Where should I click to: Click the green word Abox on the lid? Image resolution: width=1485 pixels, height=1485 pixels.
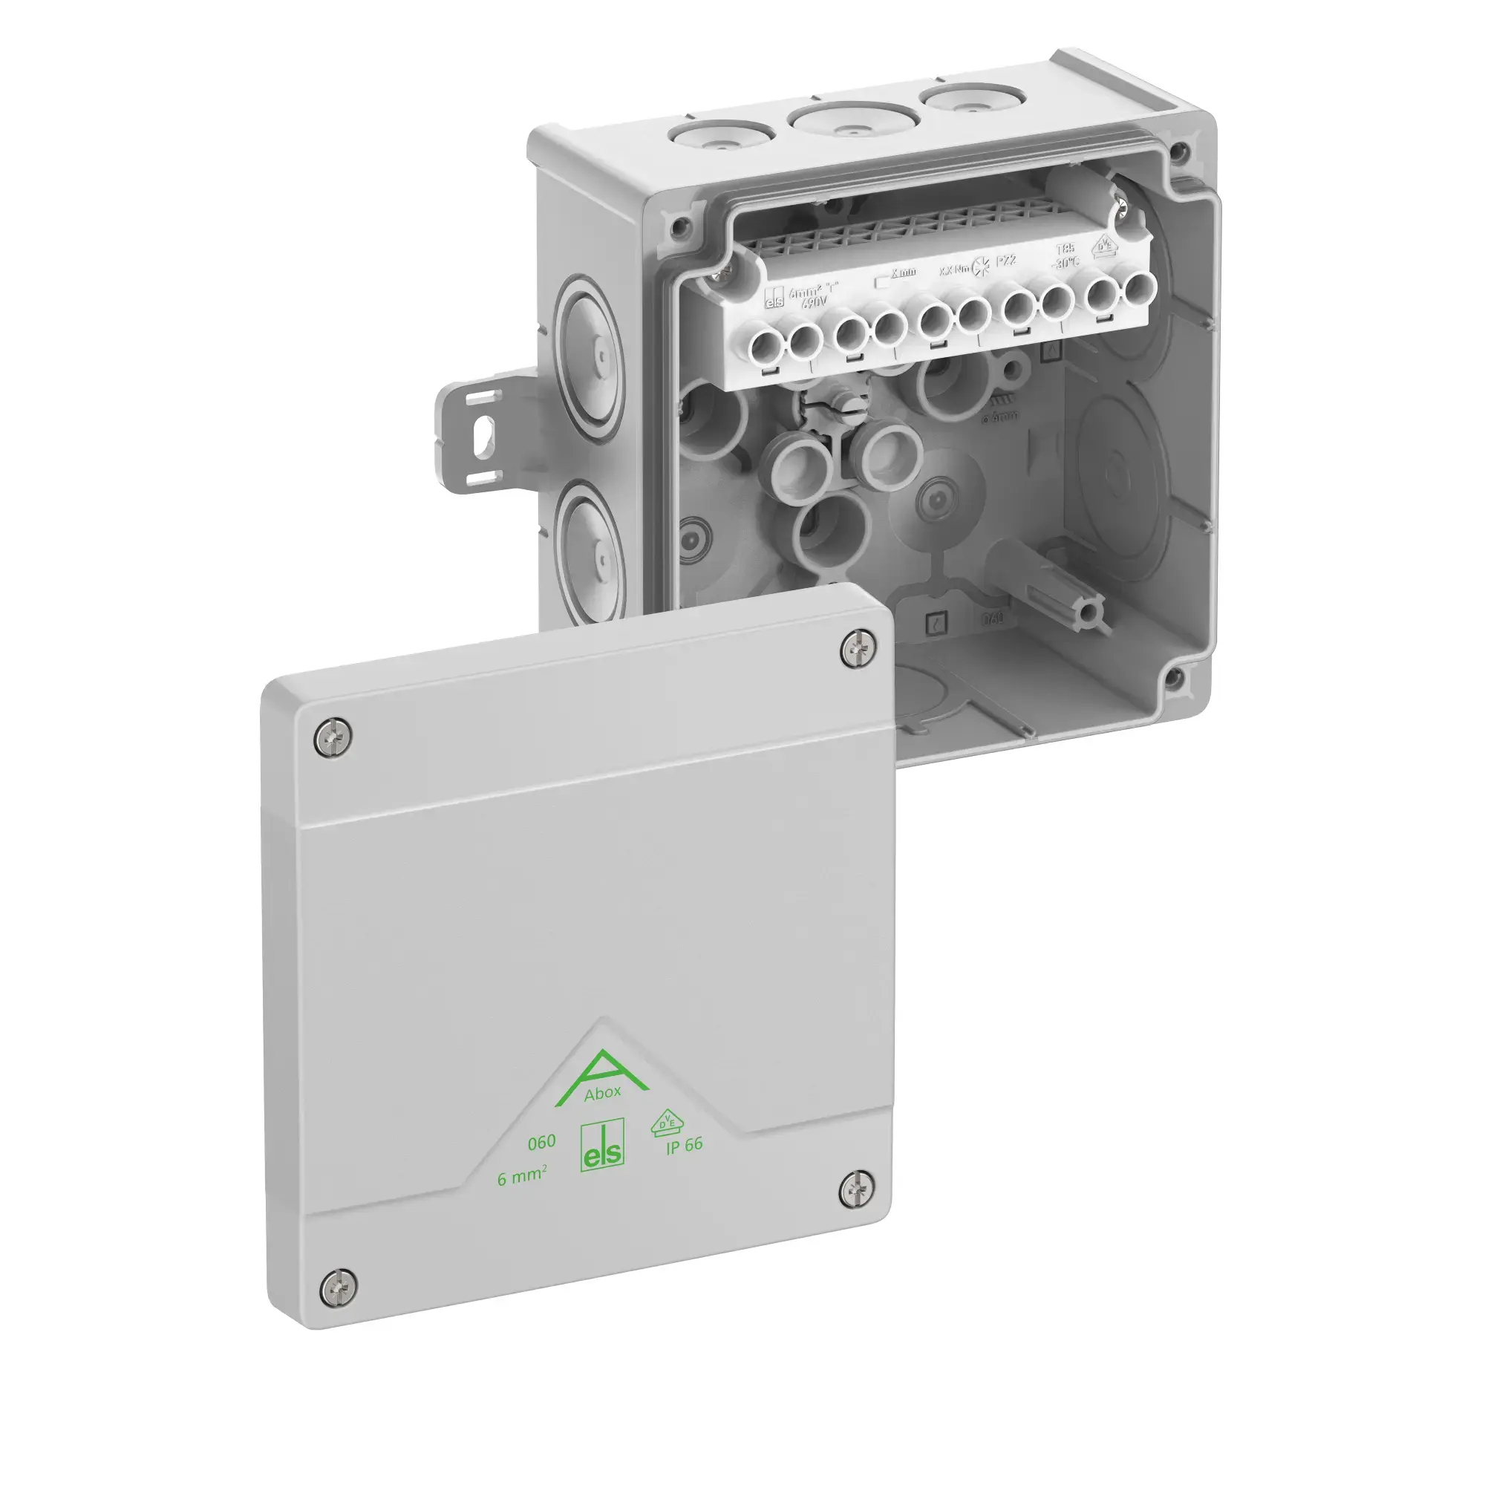tap(602, 1094)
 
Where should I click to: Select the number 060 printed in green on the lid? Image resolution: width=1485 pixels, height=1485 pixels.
tap(541, 1143)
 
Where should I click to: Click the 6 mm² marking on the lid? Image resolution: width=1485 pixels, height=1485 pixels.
tap(522, 1176)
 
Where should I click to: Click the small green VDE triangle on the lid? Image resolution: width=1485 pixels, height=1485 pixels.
tap(665, 1123)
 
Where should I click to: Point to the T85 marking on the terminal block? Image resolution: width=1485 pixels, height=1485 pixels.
tap(1065, 248)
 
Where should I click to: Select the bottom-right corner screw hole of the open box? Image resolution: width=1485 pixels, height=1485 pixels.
tap(1173, 676)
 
